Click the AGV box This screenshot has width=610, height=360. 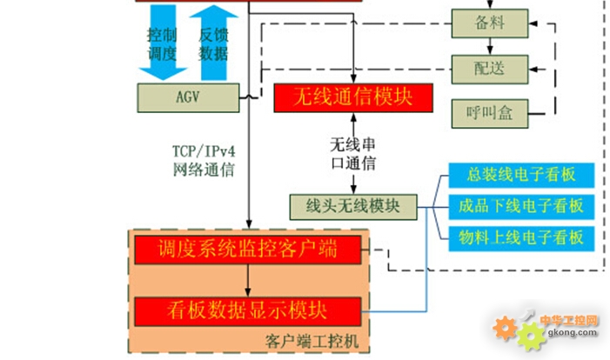click(x=187, y=97)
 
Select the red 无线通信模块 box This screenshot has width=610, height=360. click(x=353, y=97)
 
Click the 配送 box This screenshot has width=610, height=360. click(x=490, y=68)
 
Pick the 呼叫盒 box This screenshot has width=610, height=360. click(x=490, y=112)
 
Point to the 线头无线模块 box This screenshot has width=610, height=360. click(x=352, y=206)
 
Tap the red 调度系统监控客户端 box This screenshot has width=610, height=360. click(x=248, y=250)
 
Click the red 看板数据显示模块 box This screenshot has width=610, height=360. click(x=248, y=310)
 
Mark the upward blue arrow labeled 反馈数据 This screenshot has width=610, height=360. click(x=212, y=42)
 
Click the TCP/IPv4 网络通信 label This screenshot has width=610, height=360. click(x=204, y=160)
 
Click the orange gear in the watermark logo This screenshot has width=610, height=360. click(x=506, y=328)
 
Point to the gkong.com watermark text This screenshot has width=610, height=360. click(x=567, y=332)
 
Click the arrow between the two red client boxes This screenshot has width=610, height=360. click(x=248, y=280)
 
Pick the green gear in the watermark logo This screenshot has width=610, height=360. click(x=528, y=337)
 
